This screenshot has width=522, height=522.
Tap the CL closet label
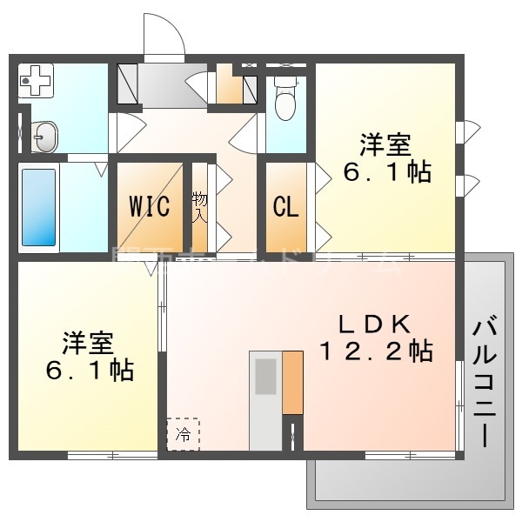[x=286, y=208]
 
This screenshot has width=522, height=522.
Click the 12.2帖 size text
[x=376, y=351]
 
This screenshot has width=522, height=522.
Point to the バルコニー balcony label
[x=484, y=382]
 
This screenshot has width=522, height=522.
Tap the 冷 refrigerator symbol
[x=183, y=433]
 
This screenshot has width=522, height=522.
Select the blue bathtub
[x=38, y=206]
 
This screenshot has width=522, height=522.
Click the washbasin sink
[x=44, y=137]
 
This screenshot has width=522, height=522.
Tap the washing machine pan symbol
[x=37, y=83]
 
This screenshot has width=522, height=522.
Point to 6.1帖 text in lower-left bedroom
[x=89, y=371]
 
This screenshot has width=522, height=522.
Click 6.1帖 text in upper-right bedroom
[x=387, y=171]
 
